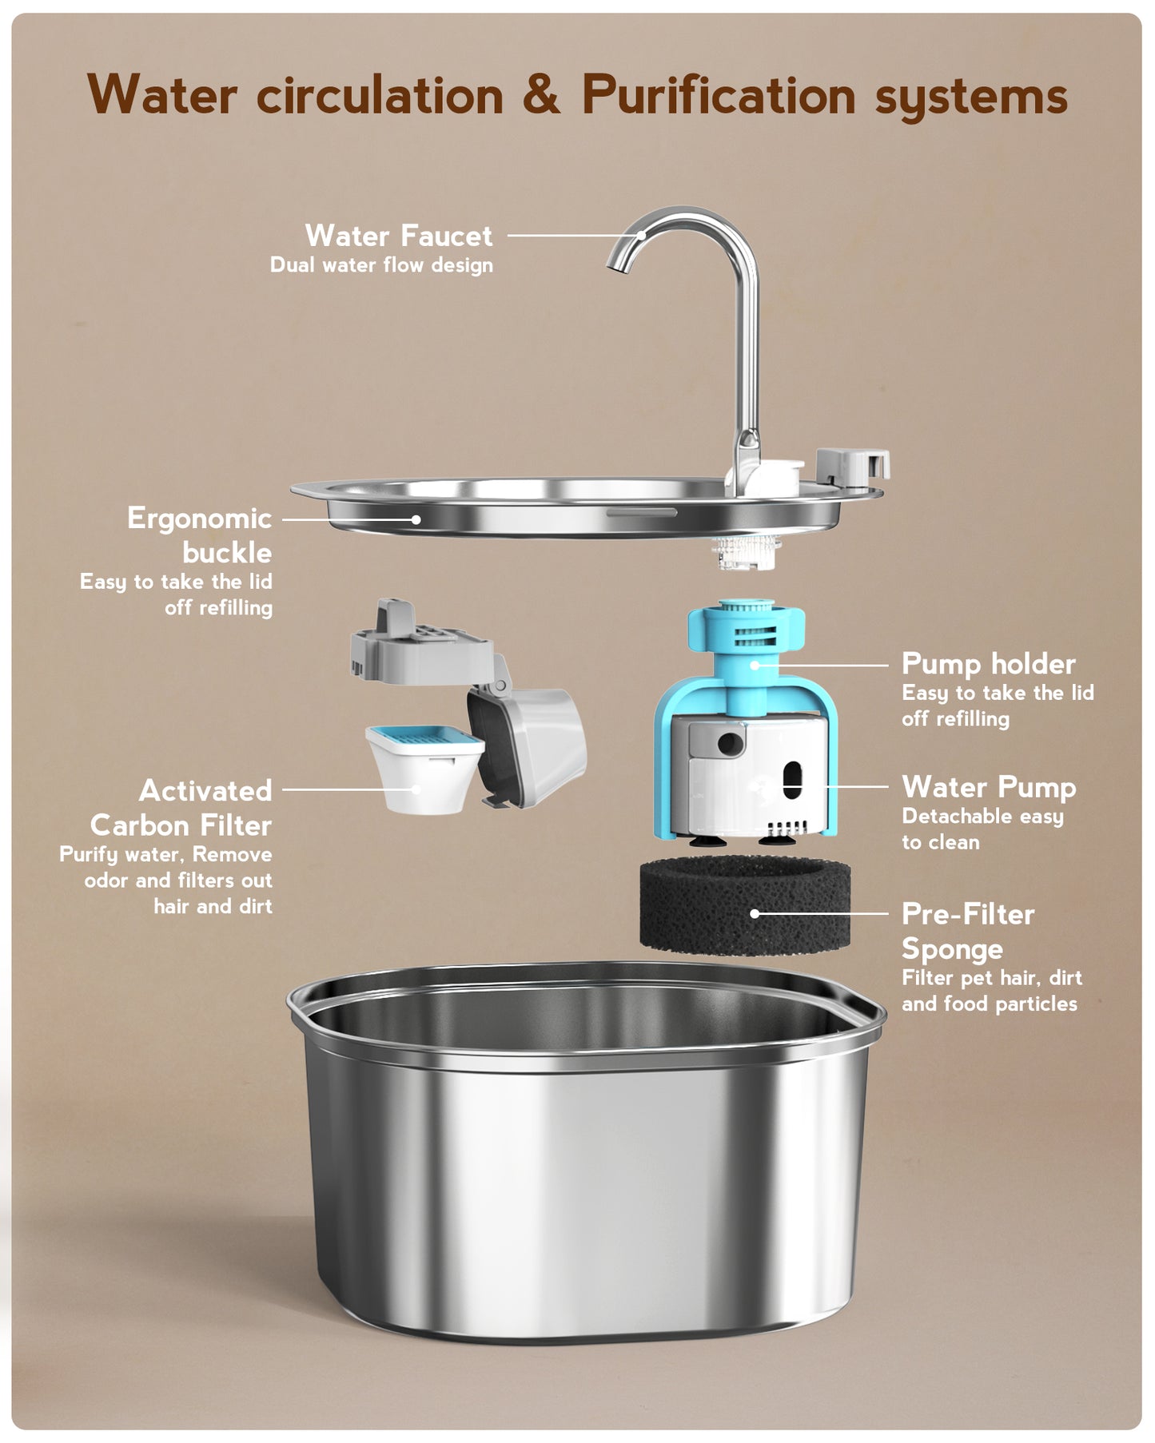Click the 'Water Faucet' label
point(398,236)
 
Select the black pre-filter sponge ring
point(744,904)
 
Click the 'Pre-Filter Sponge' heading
point(968,931)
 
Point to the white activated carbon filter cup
point(424,769)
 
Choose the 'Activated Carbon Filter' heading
point(181,808)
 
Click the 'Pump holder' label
point(989,664)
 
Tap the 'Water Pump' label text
point(989,788)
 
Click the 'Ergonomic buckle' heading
point(200,535)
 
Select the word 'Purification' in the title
point(719,95)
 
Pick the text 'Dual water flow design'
point(381,265)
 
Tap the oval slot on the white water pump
point(792,779)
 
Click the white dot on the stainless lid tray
point(416,519)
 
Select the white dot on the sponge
point(755,913)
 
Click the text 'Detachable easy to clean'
point(982,829)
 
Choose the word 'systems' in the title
point(971,98)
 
